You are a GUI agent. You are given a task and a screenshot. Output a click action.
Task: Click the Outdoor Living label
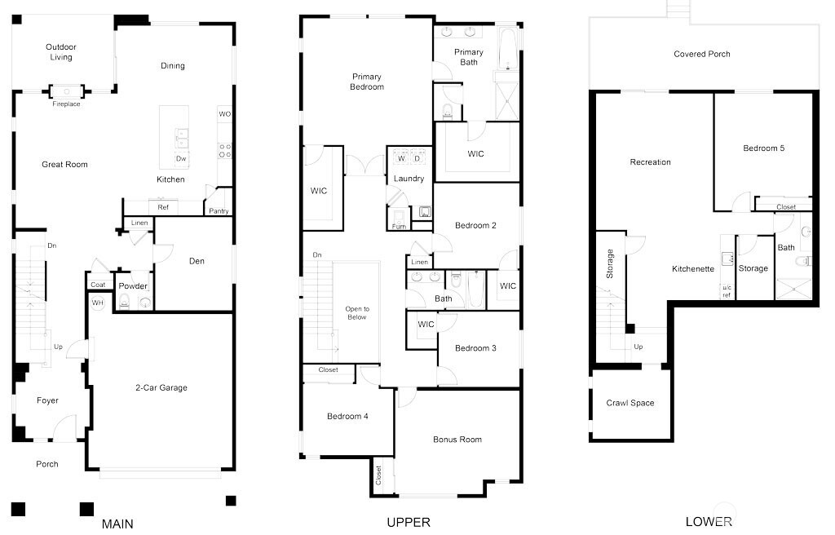tap(60, 52)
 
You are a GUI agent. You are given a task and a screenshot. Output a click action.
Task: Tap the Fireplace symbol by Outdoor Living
tap(66, 91)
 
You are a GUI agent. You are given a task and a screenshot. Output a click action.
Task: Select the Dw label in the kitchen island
tap(180, 158)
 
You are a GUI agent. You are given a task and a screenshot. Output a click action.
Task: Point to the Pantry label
tap(219, 211)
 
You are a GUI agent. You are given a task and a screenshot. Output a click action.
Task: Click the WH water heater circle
tap(98, 303)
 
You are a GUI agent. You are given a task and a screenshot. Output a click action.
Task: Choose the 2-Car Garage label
tap(161, 387)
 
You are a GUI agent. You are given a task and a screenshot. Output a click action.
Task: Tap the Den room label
tap(197, 261)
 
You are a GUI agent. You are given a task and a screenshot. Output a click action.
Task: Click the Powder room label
tap(133, 286)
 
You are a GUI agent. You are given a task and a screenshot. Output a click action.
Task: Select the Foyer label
tap(47, 400)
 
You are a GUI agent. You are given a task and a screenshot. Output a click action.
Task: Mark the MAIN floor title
tap(117, 523)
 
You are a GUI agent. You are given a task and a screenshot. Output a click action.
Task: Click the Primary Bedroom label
tap(366, 82)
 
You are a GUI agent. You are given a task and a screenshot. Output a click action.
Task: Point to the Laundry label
tap(409, 179)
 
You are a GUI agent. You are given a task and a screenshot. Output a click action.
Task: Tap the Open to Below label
tap(356, 312)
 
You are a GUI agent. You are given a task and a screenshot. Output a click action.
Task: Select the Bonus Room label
tap(457, 440)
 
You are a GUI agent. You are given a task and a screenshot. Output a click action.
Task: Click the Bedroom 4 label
tap(347, 416)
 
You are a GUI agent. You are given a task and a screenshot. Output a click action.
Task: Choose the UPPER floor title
tap(409, 522)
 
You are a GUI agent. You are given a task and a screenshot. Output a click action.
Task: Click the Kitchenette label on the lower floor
tap(693, 268)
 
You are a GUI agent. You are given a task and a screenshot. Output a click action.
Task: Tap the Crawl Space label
tap(630, 403)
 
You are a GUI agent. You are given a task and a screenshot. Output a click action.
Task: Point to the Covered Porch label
tap(702, 54)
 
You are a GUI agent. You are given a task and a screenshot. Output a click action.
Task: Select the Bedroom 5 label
tap(763, 148)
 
